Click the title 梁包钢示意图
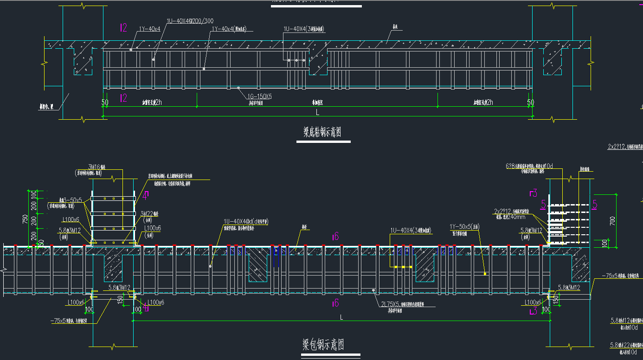(323, 345)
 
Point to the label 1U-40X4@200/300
(190, 21)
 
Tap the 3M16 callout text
(98, 167)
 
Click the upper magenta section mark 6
(335, 237)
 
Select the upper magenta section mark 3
(534, 193)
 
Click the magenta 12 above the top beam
(123, 28)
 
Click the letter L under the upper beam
(317, 112)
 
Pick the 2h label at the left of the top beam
(158, 103)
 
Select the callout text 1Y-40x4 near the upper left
(149, 29)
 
